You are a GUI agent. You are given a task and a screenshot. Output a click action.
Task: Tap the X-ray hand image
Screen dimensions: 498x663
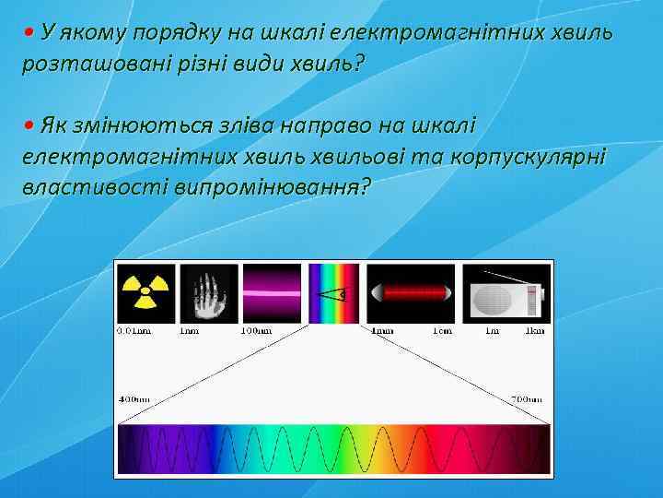[209, 293]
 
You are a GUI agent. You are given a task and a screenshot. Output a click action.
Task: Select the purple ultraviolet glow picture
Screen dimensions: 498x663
[271, 293]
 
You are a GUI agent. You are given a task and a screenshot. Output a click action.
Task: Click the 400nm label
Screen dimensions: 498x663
[134, 399]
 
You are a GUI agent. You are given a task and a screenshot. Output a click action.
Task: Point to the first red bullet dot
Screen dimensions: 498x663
[29, 33]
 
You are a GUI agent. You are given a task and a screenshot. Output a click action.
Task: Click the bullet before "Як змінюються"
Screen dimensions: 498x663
[29, 125]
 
